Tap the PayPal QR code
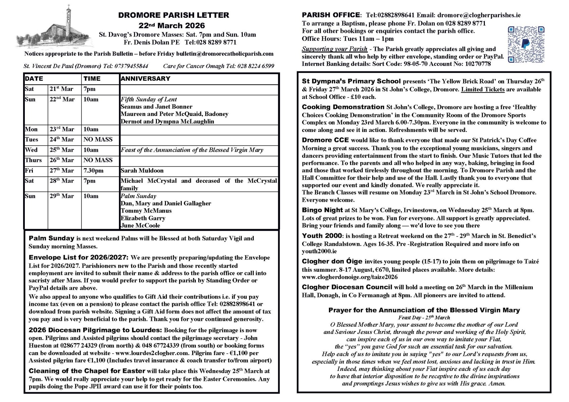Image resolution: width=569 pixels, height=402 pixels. [x=525, y=45]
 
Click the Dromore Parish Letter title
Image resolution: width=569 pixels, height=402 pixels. [x=173, y=15]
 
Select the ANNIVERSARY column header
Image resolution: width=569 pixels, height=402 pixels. [x=145, y=79]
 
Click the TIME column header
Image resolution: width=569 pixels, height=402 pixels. [x=92, y=79]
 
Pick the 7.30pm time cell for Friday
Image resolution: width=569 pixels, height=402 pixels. [x=93, y=171]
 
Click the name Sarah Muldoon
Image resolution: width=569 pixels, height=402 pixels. [x=142, y=171]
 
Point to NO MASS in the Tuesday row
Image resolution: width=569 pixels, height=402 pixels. [x=98, y=139]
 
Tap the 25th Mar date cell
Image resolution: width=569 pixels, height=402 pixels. [x=62, y=150]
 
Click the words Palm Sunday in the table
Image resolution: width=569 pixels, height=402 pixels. [x=138, y=196]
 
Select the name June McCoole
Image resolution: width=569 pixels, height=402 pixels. [x=140, y=225]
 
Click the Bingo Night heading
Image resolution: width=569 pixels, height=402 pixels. [x=322, y=210]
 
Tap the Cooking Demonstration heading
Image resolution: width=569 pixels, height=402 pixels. [x=343, y=107]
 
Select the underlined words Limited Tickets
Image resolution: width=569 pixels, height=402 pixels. [x=482, y=89]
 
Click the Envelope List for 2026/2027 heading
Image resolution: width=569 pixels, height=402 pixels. [x=78, y=258]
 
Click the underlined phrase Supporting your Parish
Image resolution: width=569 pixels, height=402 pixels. [x=334, y=49]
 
